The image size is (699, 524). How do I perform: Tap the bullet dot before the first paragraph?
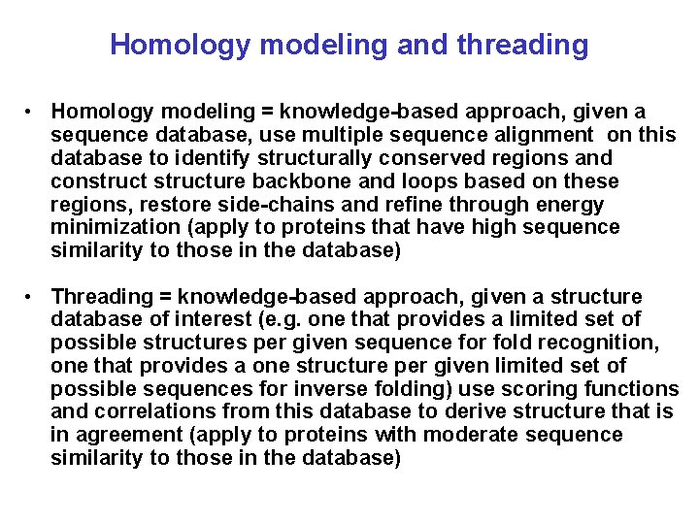tap(32, 112)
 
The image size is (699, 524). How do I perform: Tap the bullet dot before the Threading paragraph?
tap(32, 296)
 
